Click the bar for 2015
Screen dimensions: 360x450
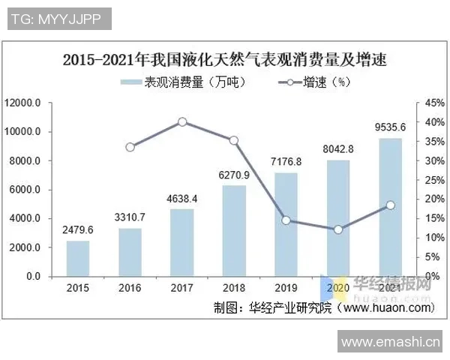point(78,258)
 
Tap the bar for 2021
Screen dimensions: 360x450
point(389,207)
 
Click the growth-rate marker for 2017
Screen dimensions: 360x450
point(182,121)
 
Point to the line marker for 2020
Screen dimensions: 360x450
point(337,229)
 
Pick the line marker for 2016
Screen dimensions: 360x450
point(130,147)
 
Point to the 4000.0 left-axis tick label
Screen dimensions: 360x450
point(28,218)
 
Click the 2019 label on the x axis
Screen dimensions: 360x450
point(286,287)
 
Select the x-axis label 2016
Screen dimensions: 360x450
point(130,287)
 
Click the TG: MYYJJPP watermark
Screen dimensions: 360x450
point(57,17)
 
